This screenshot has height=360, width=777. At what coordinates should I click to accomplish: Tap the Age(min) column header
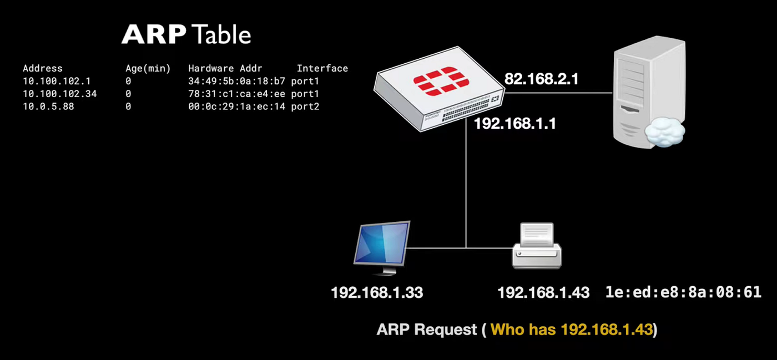[148, 69]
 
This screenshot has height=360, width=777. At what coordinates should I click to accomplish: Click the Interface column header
[322, 69]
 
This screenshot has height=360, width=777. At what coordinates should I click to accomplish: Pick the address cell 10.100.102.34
[59, 94]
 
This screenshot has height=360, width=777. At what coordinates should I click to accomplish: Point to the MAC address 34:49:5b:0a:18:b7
[237, 82]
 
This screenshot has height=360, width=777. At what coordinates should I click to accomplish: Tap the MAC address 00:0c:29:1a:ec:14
[237, 107]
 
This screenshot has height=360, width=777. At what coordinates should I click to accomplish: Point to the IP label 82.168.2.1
[541, 79]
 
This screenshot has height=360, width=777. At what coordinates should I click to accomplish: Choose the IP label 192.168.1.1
[514, 124]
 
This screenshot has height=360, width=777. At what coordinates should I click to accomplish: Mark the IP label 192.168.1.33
[377, 293]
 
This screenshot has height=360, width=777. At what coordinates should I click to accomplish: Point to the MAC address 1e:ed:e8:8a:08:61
[683, 292]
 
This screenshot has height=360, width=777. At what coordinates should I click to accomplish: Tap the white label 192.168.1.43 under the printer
[543, 293]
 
